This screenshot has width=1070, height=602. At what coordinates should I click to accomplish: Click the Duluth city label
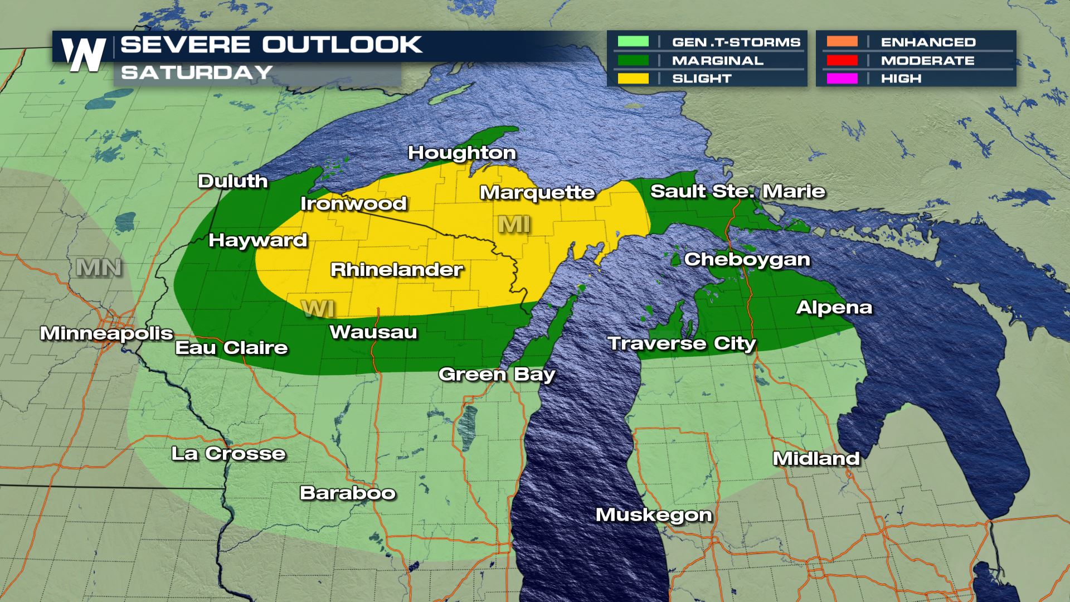(x=233, y=181)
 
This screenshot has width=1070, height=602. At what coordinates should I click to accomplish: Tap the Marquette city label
(x=537, y=193)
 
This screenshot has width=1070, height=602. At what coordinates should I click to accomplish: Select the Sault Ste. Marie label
(x=737, y=191)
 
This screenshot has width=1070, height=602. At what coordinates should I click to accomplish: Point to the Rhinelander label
(x=397, y=270)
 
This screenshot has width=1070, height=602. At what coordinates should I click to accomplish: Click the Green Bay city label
(x=497, y=374)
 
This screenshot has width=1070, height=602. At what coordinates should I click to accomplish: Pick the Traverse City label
(x=681, y=343)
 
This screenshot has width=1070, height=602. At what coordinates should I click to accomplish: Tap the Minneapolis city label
(x=106, y=333)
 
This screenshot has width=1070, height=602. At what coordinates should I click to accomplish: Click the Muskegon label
(x=654, y=514)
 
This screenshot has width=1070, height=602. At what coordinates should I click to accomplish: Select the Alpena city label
(x=834, y=307)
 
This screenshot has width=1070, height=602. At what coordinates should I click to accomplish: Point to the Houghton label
(x=462, y=153)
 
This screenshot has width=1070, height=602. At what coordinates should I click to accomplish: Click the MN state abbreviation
(x=99, y=268)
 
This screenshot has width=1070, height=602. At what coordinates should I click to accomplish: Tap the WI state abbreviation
(x=318, y=308)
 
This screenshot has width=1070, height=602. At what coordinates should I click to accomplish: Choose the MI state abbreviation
(x=514, y=224)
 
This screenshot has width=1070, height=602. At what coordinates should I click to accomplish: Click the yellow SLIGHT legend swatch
(x=633, y=79)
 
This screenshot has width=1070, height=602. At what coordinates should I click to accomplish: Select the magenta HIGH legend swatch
(x=842, y=79)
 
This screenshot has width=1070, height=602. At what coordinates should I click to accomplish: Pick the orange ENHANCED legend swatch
(x=842, y=42)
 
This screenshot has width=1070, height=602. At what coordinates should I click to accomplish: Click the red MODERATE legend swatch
(x=842, y=60)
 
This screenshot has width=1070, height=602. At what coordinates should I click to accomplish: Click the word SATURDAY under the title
(x=196, y=72)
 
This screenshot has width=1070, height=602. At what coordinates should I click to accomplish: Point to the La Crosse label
(x=228, y=453)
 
